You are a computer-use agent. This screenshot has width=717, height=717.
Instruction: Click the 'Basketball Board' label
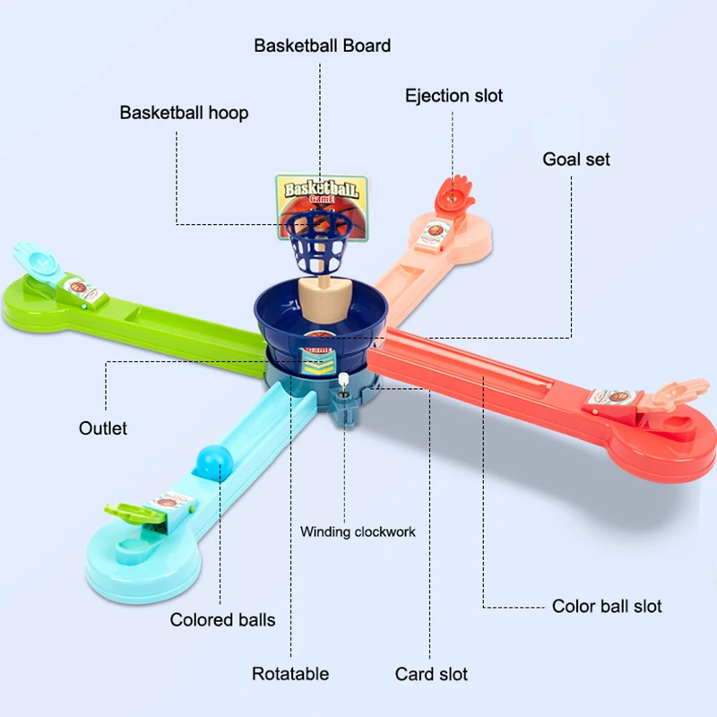click(322, 45)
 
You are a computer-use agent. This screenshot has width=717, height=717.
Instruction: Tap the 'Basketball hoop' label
click(184, 113)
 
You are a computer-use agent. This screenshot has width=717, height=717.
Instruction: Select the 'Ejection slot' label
click(454, 95)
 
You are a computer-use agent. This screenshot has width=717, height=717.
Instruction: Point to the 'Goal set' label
click(575, 160)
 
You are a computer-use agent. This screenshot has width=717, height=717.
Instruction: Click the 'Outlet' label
click(103, 428)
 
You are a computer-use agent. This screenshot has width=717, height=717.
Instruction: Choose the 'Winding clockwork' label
click(358, 531)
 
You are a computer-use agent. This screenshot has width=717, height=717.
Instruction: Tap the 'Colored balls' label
click(222, 619)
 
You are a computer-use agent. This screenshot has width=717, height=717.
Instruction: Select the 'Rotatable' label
click(289, 674)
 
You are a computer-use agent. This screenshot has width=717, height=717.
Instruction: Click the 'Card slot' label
click(431, 674)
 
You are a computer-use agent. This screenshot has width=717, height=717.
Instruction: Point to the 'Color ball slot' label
click(607, 606)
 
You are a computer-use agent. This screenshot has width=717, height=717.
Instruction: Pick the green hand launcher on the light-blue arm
click(126, 510)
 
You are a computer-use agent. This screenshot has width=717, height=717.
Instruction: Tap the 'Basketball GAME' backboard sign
click(322, 191)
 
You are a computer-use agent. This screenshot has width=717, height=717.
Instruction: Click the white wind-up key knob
click(345, 380)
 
